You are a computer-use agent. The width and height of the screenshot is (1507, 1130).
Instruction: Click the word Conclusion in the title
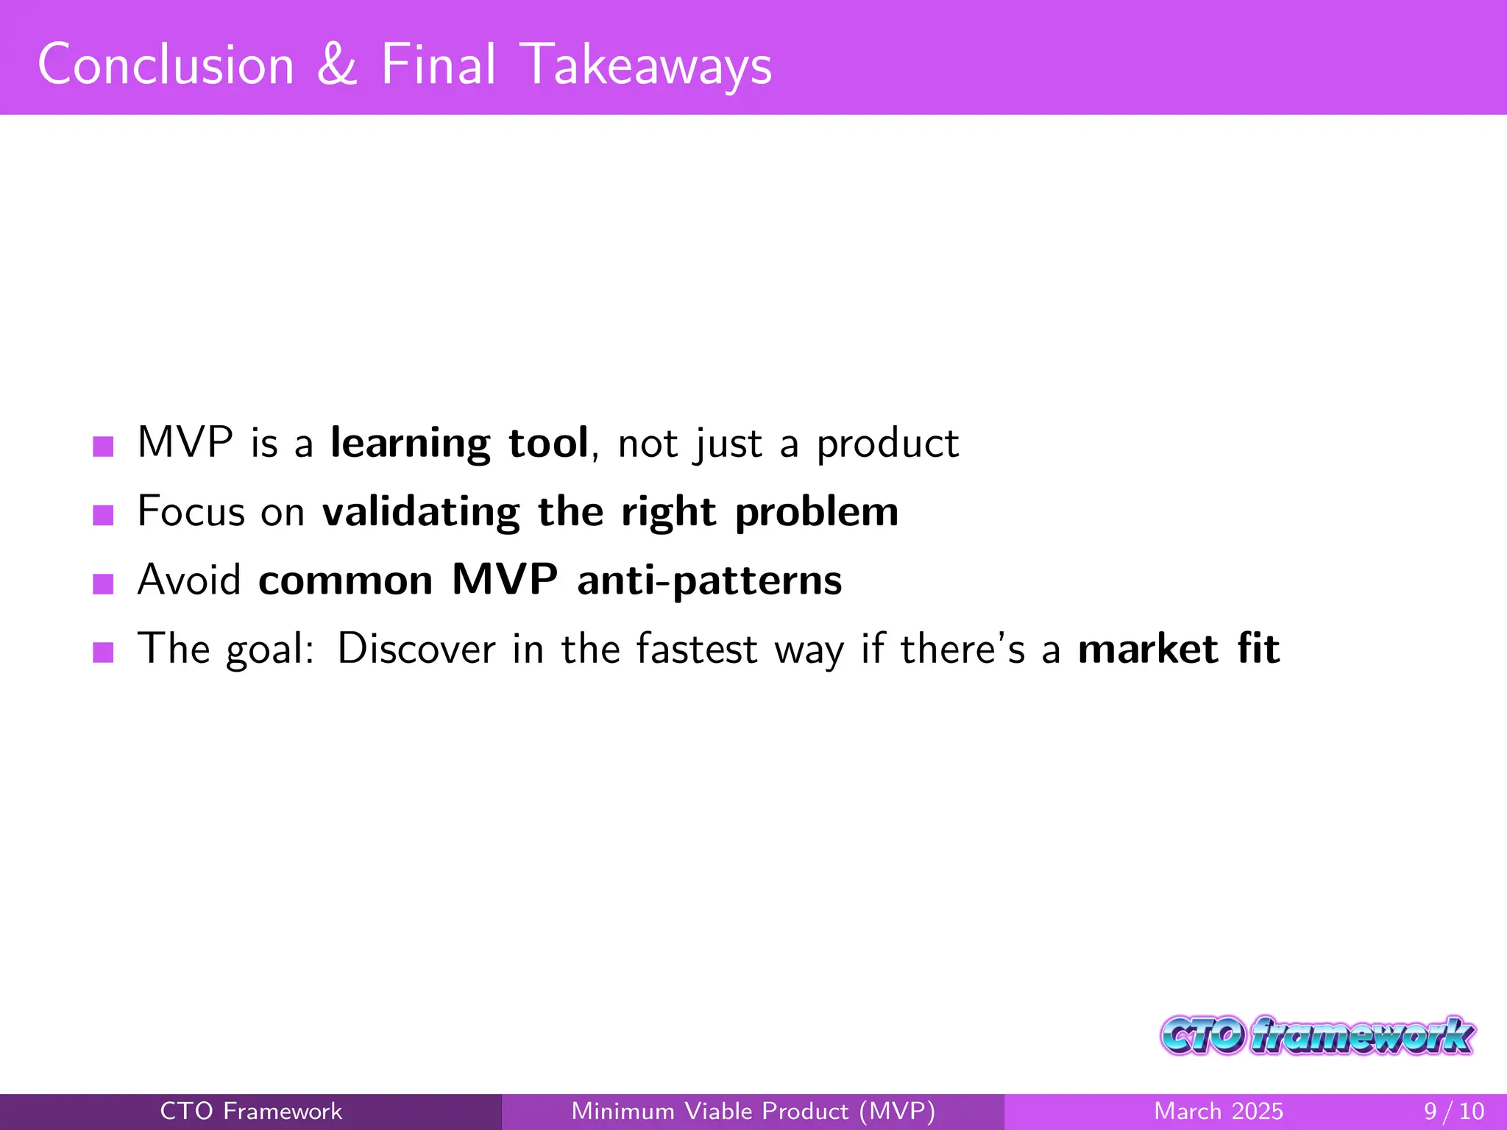click(x=166, y=65)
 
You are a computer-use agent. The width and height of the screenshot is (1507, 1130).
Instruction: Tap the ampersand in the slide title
click(x=337, y=65)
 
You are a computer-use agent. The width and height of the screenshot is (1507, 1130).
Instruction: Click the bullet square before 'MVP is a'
click(x=103, y=446)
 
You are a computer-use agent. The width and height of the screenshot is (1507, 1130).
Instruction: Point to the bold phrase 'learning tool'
click(x=459, y=444)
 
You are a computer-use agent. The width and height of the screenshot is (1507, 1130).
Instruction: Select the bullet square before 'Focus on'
click(x=103, y=514)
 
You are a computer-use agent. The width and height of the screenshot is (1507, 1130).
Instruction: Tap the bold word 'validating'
click(x=421, y=512)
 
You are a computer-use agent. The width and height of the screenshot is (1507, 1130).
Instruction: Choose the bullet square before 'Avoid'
click(x=103, y=583)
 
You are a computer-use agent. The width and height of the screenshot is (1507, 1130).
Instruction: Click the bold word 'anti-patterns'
click(x=709, y=580)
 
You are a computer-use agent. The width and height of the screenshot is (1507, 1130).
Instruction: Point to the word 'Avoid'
click(x=189, y=580)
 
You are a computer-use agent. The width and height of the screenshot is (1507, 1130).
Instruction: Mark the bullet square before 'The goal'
click(x=103, y=652)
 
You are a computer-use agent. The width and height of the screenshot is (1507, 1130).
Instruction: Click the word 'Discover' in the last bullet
click(x=416, y=649)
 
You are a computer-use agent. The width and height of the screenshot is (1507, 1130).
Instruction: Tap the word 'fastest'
click(x=696, y=649)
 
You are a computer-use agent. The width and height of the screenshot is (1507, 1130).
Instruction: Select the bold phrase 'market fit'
click(x=1179, y=649)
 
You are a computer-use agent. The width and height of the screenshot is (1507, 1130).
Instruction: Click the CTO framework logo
click(x=1317, y=1036)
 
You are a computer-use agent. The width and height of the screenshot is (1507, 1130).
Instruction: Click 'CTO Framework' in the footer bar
click(x=251, y=1111)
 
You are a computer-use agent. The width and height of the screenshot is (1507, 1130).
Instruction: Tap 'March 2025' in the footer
click(x=1219, y=1111)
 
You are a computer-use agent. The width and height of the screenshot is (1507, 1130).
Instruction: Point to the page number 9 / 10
click(x=1454, y=1111)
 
